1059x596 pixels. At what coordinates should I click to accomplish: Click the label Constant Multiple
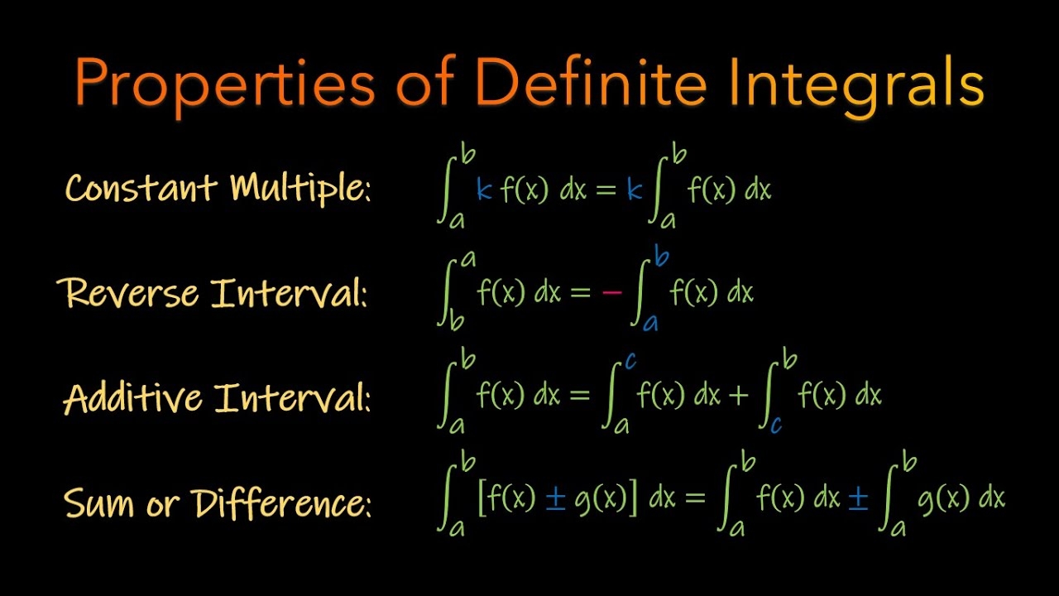click(218, 189)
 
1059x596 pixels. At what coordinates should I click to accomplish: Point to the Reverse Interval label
click(212, 293)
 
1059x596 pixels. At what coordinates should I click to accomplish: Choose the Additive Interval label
click(217, 398)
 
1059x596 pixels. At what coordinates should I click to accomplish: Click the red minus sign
click(611, 293)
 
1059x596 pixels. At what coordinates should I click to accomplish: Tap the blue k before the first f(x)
click(485, 190)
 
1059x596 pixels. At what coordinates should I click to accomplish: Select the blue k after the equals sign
click(635, 190)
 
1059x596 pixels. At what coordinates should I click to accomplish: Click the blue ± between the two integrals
click(858, 499)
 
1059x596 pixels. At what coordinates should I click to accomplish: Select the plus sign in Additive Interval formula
click(739, 397)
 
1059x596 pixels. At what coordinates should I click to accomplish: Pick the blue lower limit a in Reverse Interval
click(650, 322)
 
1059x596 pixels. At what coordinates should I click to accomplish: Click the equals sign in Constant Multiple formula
click(606, 190)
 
